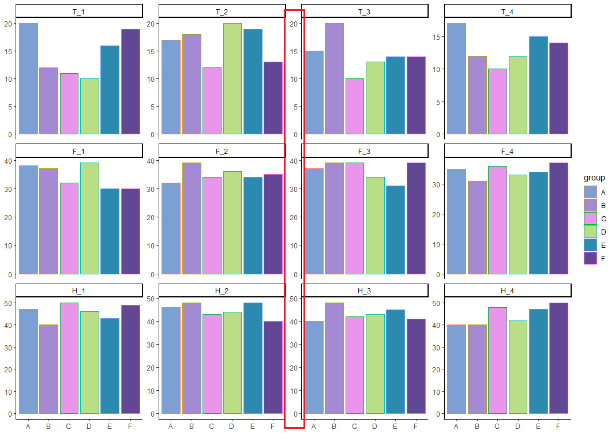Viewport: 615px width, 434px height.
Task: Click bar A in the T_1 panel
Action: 28,78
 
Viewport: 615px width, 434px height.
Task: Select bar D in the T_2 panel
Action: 231,78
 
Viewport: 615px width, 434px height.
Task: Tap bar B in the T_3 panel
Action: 334,78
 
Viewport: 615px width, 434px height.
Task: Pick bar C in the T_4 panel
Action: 497,101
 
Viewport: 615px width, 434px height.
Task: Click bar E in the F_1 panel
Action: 110,231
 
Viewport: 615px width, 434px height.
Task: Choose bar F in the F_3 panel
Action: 415,218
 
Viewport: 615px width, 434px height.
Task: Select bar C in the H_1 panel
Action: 69,358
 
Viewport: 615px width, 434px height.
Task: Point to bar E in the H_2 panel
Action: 252,358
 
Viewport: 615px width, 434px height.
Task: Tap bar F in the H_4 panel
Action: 558,358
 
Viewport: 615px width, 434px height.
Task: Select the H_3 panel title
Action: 364,290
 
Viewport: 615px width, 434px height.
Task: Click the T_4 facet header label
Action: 507,12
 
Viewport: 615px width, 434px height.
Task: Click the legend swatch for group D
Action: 590,232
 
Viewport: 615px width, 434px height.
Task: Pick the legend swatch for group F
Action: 590,258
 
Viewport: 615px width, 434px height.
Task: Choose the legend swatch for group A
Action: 590,192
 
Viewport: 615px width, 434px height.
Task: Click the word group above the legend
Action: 594,178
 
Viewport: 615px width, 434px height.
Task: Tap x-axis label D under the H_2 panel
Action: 231,427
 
